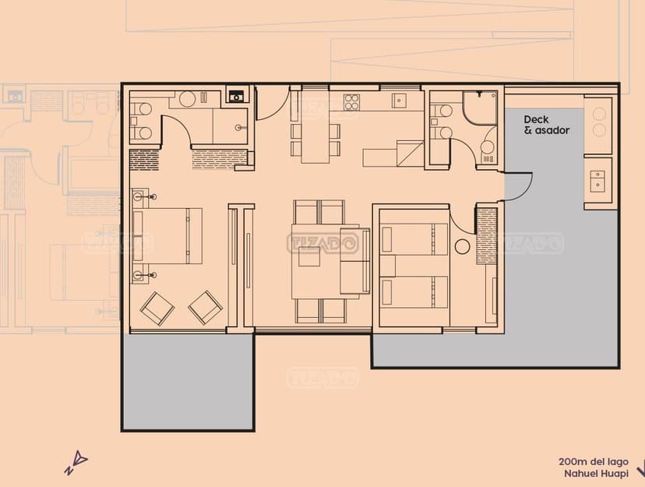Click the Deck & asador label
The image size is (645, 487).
click(547, 125)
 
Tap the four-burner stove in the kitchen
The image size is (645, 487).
click(351, 102)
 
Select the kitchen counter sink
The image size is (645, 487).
click(399, 101)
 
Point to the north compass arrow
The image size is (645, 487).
click(77, 464)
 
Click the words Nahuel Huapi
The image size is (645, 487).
click(596, 474)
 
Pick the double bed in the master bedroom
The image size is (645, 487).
click(167, 235)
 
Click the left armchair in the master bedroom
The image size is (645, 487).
click(157, 309)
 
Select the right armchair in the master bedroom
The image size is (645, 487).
click(206, 308)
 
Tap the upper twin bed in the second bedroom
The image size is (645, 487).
click(414, 239)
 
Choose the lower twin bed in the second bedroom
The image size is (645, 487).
click(414, 292)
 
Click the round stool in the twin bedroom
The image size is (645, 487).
click(463, 247)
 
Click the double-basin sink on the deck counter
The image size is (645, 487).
click(597, 181)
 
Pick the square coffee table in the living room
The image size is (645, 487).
click(309, 256)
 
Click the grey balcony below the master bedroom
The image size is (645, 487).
click(189, 381)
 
